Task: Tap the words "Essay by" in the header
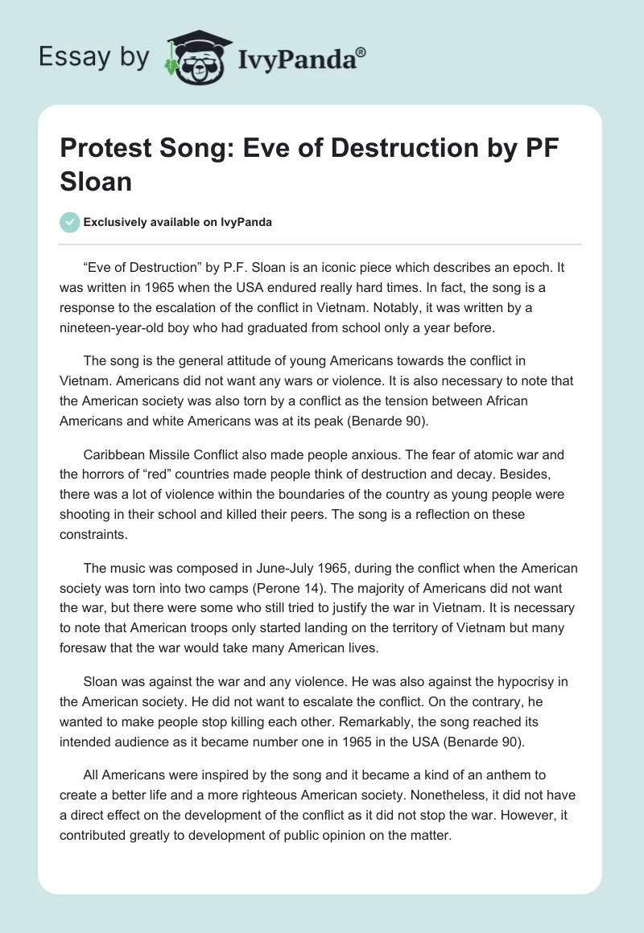pyautogui.click(x=94, y=57)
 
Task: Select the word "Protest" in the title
pyautogui.click(x=113, y=148)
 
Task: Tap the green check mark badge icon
pyautogui.click(x=71, y=222)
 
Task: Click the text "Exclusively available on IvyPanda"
pyautogui.click(x=177, y=222)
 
